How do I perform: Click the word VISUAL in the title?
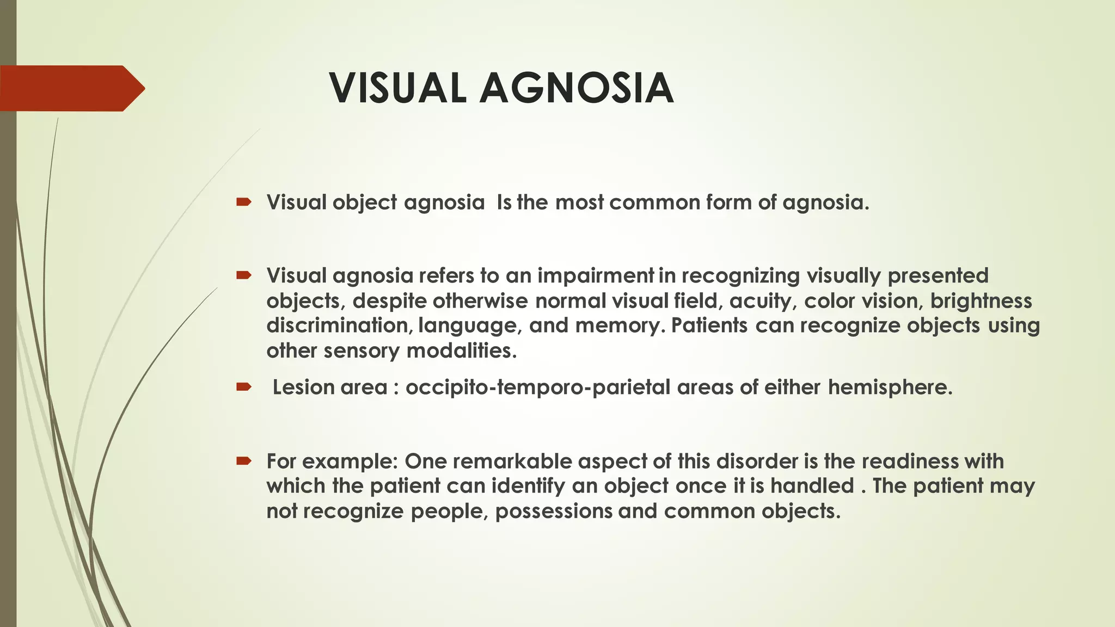[397, 88]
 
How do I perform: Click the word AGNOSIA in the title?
[577, 88]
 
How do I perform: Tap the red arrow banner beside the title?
[71, 88]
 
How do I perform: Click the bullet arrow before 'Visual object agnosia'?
[243, 202]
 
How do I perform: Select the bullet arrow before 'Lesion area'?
[243, 388]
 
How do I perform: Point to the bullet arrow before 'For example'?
[243, 462]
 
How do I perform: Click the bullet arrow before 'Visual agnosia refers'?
[243, 275]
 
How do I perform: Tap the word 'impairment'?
[596, 276]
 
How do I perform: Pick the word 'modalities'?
[461, 351]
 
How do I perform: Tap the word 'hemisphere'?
[890, 388]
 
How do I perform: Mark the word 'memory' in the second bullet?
[620, 325]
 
